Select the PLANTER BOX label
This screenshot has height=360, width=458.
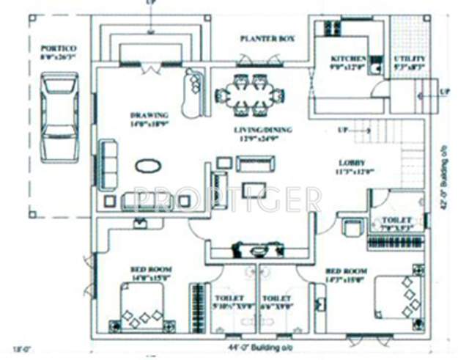pyautogui.click(x=267, y=37)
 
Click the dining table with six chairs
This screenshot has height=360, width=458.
pyautogui.click(x=248, y=94)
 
